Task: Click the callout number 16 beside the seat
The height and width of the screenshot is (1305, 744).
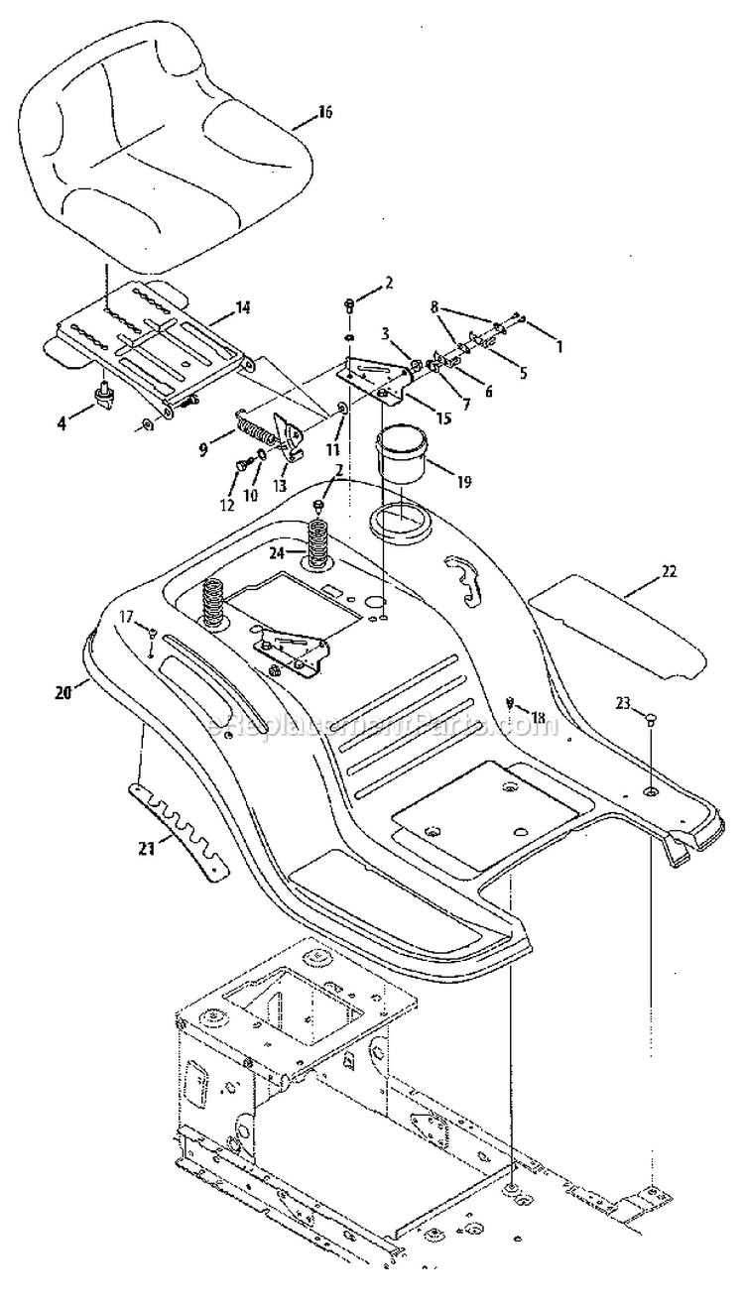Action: click(324, 113)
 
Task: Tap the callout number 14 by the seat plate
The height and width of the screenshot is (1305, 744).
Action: click(242, 308)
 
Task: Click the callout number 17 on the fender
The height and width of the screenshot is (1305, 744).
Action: click(126, 618)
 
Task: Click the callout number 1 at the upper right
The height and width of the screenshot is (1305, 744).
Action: click(558, 348)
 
